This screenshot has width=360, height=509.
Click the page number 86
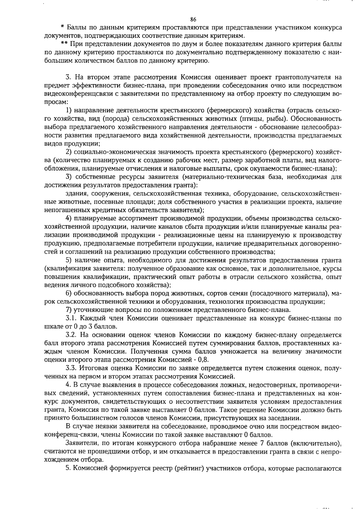[193, 19]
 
